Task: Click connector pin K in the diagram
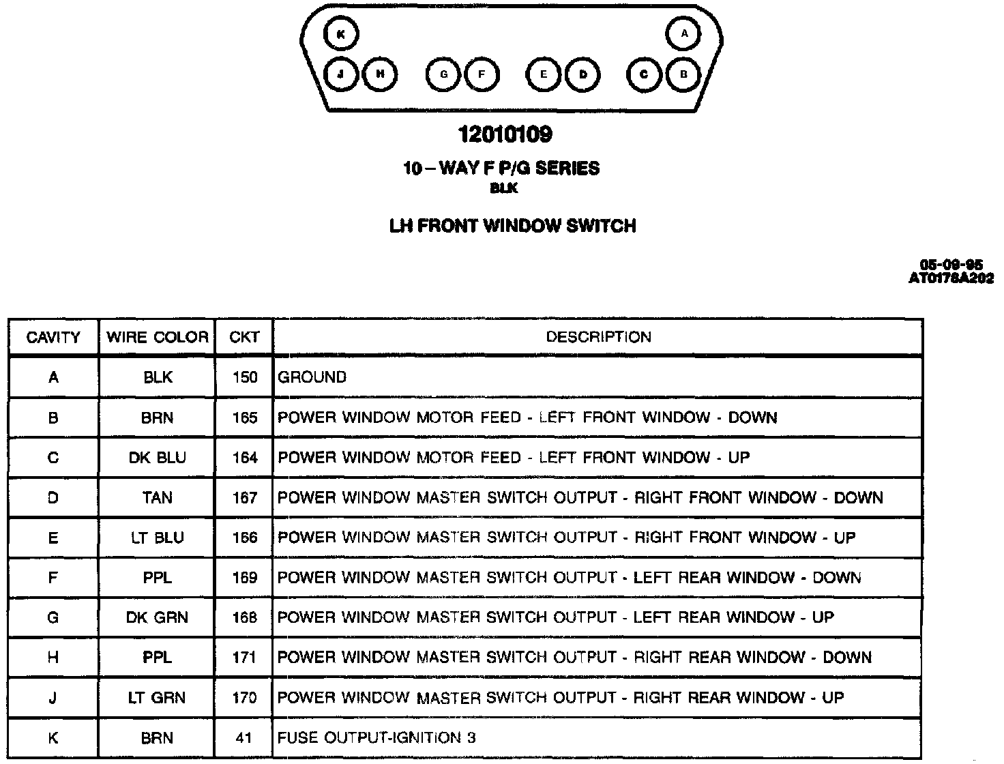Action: tap(341, 34)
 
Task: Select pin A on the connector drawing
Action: tap(684, 33)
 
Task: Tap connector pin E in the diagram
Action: tap(544, 74)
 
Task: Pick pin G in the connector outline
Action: tap(443, 74)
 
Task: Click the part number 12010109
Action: tap(505, 134)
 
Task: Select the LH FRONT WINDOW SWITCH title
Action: tap(512, 226)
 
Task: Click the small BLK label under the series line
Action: tap(504, 189)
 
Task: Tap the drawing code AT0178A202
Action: tap(951, 278)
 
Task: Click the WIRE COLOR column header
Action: tap(157, 337)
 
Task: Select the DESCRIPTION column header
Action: tap(598, 337)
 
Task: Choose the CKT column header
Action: tap(244, 337)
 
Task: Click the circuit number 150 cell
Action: tap(244, 377)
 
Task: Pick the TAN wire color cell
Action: tap(157, 498)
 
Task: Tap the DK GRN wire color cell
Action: tap(157, 618)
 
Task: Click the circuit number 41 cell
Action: tap(244, 738)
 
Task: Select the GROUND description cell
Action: tap(312, 377)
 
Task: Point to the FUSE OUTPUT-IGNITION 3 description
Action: tap(376, 738)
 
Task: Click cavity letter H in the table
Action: tap(53, 658)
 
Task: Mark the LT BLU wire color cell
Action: tap(157, 538)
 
